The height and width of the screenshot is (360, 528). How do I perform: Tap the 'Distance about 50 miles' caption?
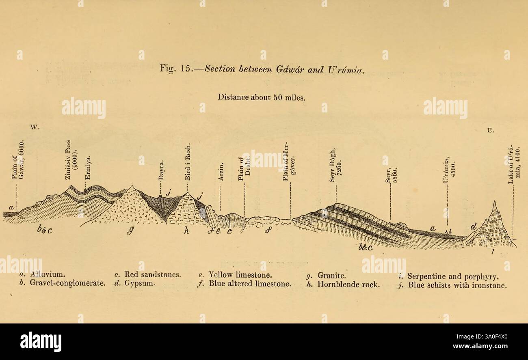[261, 97]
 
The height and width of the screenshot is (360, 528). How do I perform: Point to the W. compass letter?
[35, 127]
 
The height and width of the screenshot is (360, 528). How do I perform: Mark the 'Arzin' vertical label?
[221, 172]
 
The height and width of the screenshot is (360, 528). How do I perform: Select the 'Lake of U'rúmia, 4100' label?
[513, 164]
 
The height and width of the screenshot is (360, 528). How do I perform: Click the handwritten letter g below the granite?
[131, 230]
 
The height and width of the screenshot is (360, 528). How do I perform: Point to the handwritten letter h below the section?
[186, 231]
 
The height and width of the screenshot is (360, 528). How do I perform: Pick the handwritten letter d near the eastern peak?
[474, 226]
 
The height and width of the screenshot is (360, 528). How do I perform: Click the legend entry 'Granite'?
[327, 274]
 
